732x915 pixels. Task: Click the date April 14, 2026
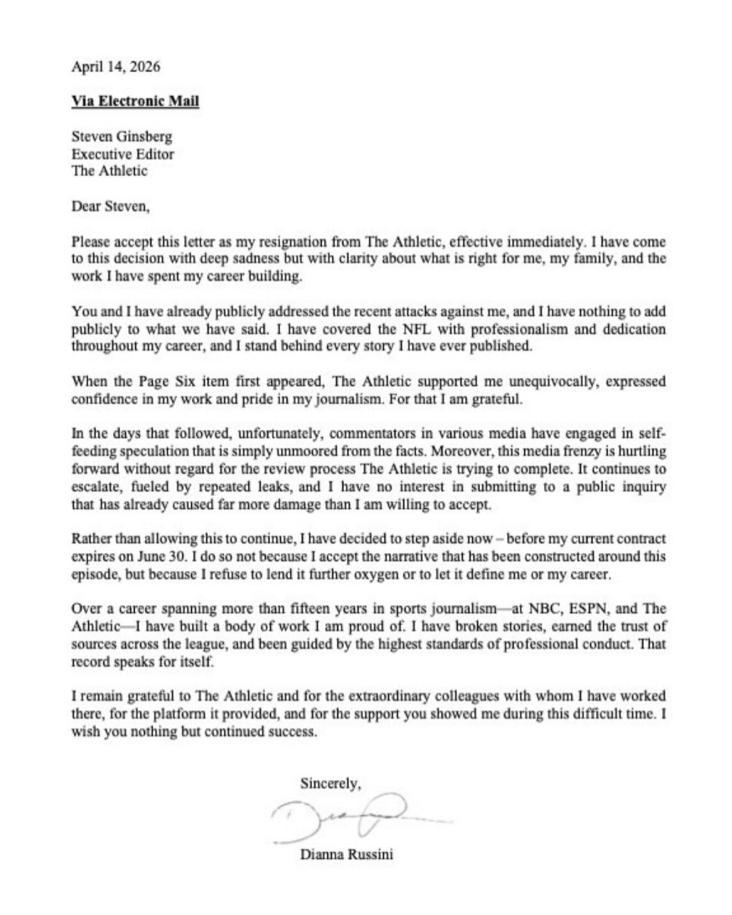coord(116,67)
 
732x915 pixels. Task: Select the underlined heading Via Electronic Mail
coord(135,101)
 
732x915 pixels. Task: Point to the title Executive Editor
coord(123,154)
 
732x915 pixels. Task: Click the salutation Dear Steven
coord(110,206)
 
